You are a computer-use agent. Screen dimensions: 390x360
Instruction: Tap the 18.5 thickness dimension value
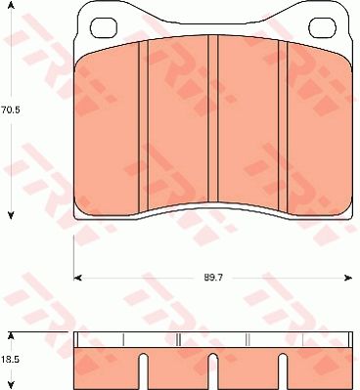[11, 361]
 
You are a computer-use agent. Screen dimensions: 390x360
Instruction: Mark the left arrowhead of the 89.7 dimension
[79, 278]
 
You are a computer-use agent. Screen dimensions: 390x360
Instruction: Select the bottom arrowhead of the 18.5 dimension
[11, 385]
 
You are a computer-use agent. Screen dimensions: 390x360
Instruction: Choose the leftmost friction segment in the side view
[108, 367]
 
